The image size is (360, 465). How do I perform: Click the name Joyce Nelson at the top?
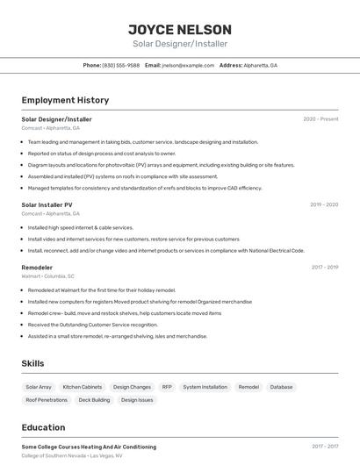pos(180,29)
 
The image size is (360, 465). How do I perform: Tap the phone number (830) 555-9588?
pos(120,65)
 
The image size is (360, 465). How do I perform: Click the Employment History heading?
pos(65,100)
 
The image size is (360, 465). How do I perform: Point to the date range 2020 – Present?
pos(320,119)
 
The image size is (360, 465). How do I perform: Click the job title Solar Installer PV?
pos(47,204)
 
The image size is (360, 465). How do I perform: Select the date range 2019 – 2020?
pos(324,204)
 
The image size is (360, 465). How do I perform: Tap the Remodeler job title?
pos(37,267)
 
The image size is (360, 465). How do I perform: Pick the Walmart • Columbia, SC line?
pos(47,275)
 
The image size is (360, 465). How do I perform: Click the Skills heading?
pos(33,363)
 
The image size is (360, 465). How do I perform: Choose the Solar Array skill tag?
pos(39,387)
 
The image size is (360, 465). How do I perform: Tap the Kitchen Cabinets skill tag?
pos(82,387)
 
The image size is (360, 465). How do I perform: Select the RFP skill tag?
pos(167,387)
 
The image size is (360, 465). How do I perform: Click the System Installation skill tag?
pos(205,387)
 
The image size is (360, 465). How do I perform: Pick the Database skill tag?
pos(281,387)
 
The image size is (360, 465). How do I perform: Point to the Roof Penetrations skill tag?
pos(47,400)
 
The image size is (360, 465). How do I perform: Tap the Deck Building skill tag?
pos(94,400)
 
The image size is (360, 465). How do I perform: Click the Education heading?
pos(43,427)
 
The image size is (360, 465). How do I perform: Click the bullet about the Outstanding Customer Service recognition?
pos(92,325)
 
